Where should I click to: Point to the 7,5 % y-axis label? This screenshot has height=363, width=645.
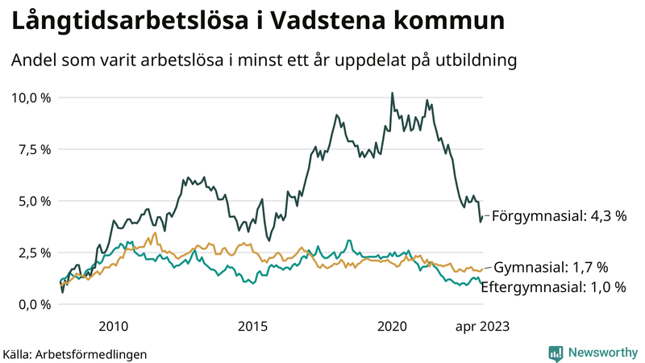33,149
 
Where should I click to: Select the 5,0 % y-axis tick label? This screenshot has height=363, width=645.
33,201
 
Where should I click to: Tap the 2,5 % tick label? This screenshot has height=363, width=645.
33,252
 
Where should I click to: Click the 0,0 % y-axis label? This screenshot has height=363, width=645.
33,304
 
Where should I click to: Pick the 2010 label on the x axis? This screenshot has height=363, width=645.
113,326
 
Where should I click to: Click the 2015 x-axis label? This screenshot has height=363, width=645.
252,326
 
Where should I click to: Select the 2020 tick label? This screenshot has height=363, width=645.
392,326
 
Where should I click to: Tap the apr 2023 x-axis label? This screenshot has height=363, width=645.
482,326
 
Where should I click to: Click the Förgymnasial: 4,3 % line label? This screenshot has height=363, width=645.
559,217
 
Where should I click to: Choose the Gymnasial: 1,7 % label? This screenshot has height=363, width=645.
551,267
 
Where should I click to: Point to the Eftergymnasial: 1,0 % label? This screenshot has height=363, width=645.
553,286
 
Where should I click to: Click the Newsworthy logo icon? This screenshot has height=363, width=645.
556,353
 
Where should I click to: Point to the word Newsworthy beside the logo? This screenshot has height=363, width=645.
601,353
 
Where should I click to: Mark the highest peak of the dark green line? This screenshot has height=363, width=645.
392,93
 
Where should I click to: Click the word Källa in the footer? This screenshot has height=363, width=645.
18,353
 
